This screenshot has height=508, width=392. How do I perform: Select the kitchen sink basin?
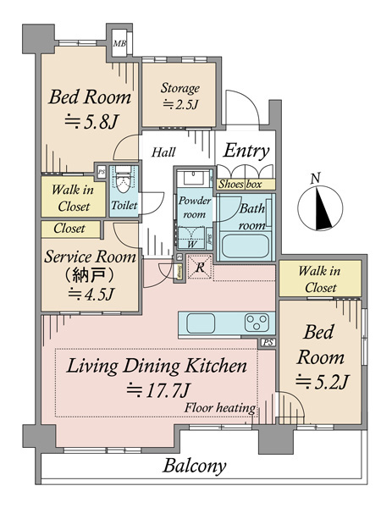pyautogui.click(x=201, y=323)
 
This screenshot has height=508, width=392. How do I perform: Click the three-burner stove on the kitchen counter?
pyautogui.click(x=257, y=323)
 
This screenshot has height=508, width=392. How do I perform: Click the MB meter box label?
pyautogui.click(x=119, y=43)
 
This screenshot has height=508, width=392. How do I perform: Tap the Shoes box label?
pyautogui.click(x=240, y=185)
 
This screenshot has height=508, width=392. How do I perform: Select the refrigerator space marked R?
pyautogui.click(x=200, y=267)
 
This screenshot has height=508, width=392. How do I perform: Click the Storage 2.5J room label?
pyautogui.click(x=180, y=97)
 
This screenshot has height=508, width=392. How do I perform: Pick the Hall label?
pyautogui.click(x=163, y=152)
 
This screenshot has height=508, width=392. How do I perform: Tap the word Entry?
pyautogui.click(x=246, y=151)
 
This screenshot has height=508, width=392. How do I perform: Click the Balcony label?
pyautogui.click(x=194, y=466)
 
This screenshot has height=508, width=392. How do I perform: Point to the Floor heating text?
pyautogui.click(x=220, y=407)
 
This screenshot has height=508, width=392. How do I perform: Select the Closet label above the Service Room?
pyautogui.click(x=69, y=229)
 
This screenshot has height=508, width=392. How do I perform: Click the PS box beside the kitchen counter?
pyautogui.click(x=268, y=342)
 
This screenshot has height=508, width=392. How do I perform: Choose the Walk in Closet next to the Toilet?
pyautogui.click(x=73, y=197)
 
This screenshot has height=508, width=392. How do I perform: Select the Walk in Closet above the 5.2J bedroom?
pyautogui.click(x=320, y=279)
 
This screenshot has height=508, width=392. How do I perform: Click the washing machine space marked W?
pyautogui.click(x=191, y=239)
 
